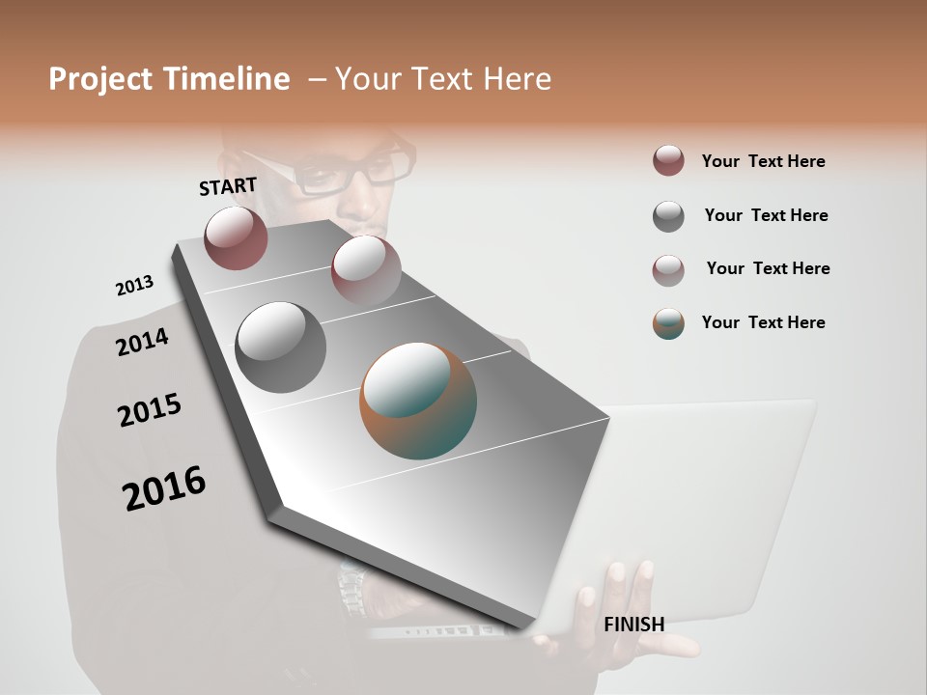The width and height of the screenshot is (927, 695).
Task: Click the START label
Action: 228,186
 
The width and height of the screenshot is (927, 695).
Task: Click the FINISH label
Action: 633,625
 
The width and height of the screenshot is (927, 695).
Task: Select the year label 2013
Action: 134,286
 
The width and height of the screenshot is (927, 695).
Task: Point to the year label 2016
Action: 164,488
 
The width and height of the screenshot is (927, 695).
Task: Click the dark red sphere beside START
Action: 236,238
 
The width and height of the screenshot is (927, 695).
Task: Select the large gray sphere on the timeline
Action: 280,347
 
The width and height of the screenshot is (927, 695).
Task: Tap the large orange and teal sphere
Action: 418,401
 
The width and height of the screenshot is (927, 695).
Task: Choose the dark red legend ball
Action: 668,161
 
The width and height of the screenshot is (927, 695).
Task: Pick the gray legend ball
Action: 668,216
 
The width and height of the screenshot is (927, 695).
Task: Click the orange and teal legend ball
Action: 668,323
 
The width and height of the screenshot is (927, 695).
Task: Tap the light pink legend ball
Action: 668,270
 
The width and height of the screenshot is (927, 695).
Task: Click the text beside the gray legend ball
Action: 766,215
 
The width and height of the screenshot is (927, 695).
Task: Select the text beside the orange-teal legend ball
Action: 763,322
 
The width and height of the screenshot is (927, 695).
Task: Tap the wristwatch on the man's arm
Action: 352,585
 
